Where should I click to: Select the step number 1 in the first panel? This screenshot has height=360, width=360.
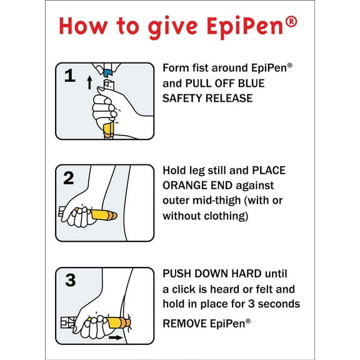(x=70, y=77)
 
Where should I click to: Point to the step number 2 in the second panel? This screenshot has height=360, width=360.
(x=69, y=177)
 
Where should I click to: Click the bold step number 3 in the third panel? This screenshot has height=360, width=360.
(x=69, y=280)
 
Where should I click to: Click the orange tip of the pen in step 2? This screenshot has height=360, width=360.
(x=112, y=215)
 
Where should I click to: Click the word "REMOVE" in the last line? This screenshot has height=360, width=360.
(x=186, y=322)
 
